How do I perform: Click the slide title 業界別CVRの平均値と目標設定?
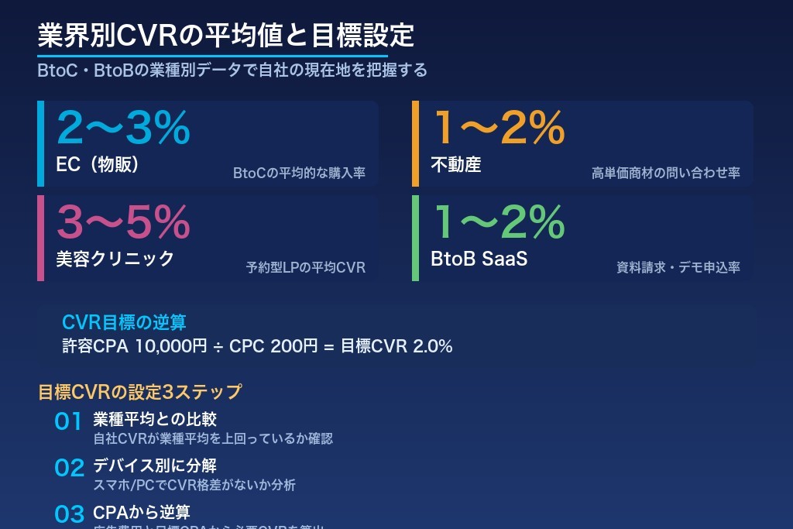click(x=226, y=36)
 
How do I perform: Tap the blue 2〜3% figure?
click(x=123, y=129)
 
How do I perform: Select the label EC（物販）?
click(x=98, y=165)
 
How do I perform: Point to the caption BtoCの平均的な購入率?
click(x=299, y=173)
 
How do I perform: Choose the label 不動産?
click(x=456, y=165)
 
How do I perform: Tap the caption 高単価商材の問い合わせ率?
click(x=665, y=173)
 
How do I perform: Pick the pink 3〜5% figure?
click(x=123, y=223)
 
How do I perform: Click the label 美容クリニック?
click(x=115, y=259)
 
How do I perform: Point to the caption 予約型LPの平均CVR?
click(x=305, y=268)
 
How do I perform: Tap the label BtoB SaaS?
click(x=479, y=259)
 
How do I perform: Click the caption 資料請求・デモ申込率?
click(x=678, y=268)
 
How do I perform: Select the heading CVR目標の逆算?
click(x=124, y=322)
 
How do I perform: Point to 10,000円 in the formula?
click(x=170, y=346)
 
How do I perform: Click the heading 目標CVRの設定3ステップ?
click(x=139, y=392)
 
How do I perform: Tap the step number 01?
click(x=68, y=422)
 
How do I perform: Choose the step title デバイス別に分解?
click(x=154, y=466)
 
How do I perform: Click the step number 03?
click(x=68, y=514)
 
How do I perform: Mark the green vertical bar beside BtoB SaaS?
click(x=416, y=238)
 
